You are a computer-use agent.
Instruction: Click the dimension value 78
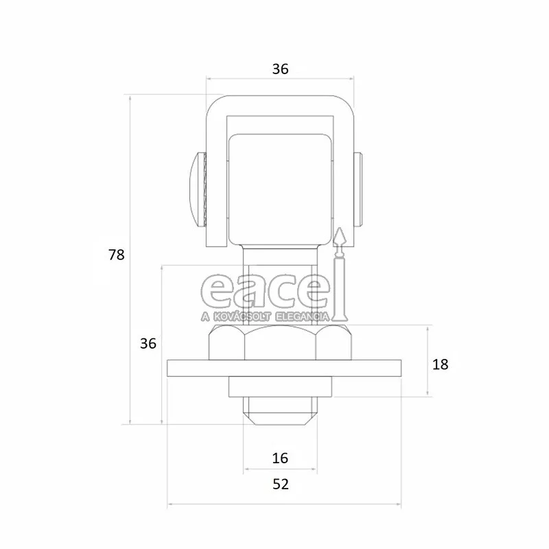click(116, 255)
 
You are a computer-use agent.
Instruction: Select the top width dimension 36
click(280, 69)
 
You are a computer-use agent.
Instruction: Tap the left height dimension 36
click(148, 344)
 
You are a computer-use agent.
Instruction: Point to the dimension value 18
click(440, 364)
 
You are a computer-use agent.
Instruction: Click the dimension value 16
click(280, 458)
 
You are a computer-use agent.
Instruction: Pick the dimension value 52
click(281, 484)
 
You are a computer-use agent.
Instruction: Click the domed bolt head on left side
click(194, 189)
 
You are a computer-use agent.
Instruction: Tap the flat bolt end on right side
click(358, 189)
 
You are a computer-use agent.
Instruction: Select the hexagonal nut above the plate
click(280, 342)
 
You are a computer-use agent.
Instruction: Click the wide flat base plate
click(284, 368)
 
